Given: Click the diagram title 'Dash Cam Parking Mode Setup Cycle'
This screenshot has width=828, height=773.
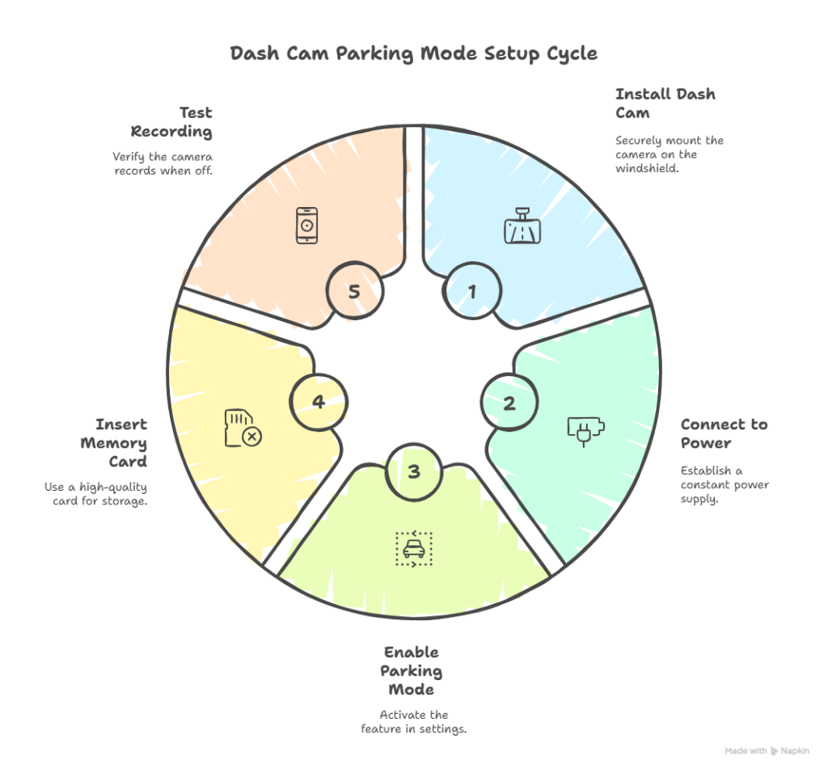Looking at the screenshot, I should [x=413, y=54].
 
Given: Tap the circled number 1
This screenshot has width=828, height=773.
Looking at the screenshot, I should [x=473, y=292].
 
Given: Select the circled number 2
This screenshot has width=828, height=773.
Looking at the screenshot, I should [x=509, y=403].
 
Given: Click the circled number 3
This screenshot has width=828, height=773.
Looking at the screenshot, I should [x=414, y=471].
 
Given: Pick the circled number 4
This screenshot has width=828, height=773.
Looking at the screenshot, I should [x=319, y=402].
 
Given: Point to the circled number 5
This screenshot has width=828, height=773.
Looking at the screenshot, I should [x=354, y=292].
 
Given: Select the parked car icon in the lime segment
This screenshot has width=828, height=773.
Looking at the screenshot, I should [x=413, y=549].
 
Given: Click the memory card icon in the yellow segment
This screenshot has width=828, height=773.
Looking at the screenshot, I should [x=243, y=429].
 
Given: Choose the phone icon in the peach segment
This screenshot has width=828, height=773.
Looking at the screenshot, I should [x=306, y=225].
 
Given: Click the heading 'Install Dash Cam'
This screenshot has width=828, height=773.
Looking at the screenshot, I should [x=665, y=103].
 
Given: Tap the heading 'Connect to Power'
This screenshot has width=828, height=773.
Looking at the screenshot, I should [x=724, y=433].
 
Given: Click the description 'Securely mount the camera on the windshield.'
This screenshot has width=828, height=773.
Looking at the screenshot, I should [x=669, y=154].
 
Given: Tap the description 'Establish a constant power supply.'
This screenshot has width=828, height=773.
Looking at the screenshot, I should [x=724, y=484].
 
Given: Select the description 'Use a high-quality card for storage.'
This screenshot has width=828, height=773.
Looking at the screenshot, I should [x=96, y=494].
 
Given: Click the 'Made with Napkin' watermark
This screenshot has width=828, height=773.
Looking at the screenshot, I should [x=767, y=751].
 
